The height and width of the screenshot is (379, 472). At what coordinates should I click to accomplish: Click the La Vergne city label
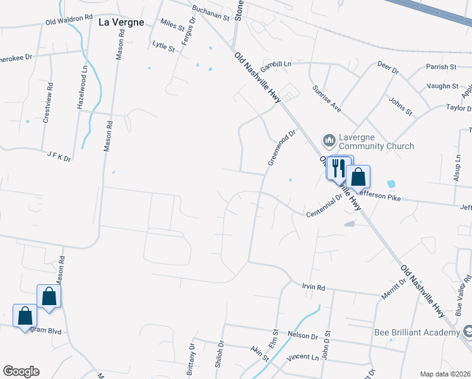pyautogui.click(x=122, y=22)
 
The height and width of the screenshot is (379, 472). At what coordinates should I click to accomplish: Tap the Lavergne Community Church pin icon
pyautogui.click(x=329, y=140)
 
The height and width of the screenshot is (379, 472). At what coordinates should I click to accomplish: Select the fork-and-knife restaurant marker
pyautogui.click(x=337, y=168)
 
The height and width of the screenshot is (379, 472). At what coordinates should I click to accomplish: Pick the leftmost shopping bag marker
pyautogui.click(x=25, y=316)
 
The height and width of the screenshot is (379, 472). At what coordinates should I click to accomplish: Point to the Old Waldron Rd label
pyautogui.click(x=69, y=20)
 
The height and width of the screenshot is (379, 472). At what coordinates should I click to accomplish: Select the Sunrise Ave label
pyautogui.click(x=327, y=99)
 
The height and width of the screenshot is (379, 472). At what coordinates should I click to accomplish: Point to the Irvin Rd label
pyautogui.click(x=313, y=287)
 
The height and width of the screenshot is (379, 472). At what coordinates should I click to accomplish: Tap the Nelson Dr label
pyautogui.click(x=302, y=335)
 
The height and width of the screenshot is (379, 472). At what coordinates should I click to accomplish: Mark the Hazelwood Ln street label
pyautogui.click(x=80, y=92)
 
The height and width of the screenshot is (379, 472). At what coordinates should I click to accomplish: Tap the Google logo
pyautogui.click(x=21, y=371)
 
